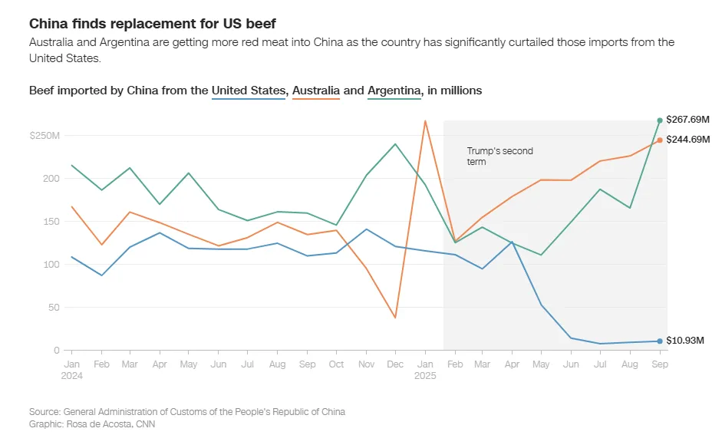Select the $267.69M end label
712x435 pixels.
(687, 120)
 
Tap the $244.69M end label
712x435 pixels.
(687, 140)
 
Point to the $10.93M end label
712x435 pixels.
(684, 341)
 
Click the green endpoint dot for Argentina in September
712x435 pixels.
(660, 120)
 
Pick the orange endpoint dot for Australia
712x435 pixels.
(660, 140)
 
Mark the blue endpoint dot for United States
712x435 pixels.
(660, 341)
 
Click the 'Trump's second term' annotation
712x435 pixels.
(499, 157)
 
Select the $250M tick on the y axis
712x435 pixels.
(44, 136)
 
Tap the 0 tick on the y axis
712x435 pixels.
(56, 351)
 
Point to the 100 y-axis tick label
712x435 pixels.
(51, 265)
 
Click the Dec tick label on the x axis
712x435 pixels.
(395, 364)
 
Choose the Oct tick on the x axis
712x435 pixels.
(337, 364)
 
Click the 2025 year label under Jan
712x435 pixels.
(425, 377)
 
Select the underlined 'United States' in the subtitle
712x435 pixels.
(249, 91)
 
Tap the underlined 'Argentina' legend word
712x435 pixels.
(394, 91)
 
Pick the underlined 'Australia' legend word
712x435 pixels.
(316, 91)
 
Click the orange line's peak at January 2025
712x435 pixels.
(424, 120)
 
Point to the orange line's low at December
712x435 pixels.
(395, 318)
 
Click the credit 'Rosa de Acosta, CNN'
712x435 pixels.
(107, 423)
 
